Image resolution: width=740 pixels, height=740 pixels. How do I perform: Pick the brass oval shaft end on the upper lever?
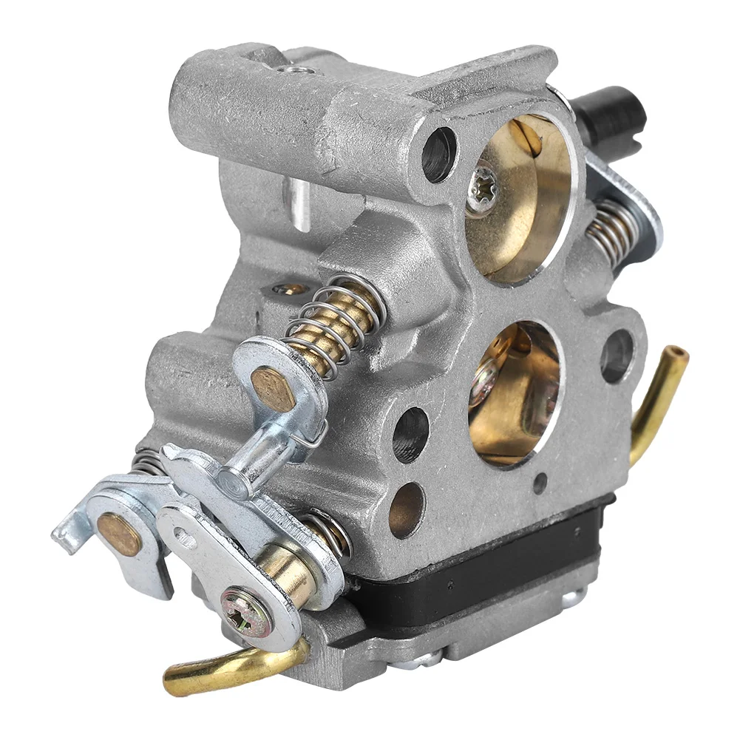(273, 387)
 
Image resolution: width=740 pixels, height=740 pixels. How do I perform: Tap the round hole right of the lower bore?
(617, 355)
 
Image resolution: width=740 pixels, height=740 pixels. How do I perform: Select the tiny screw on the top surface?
(299, 69)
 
